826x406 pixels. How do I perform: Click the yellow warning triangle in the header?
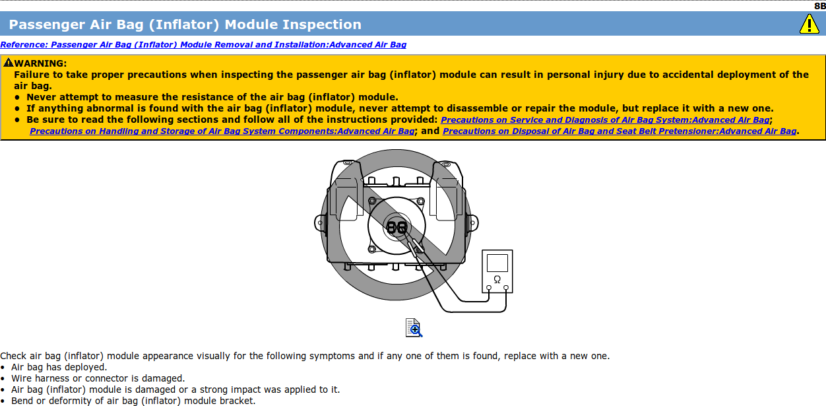pos(809,24)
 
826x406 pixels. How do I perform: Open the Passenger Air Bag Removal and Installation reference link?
pos(203,45)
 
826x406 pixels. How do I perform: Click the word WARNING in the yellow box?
pos(40,63)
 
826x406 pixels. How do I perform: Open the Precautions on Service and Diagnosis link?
pos(605,120)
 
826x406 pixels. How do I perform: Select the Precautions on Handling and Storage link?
pos(222,131)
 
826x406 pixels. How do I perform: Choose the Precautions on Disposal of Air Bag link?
pos(619,131)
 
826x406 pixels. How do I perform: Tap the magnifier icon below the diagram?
pos(414,327)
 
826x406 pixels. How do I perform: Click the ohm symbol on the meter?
pos(497,279)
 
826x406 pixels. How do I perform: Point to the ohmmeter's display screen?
pos(497,263)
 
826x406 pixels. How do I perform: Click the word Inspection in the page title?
pos(321,25)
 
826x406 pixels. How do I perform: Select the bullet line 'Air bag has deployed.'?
pos(59,367)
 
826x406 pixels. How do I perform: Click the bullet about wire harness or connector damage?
pos(98,378)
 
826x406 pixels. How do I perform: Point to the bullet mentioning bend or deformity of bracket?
pos(133,401)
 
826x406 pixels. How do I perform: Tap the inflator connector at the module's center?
pos(397,226)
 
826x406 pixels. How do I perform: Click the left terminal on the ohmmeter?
pos(489,287)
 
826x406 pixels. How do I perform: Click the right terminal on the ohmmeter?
pos(506,287)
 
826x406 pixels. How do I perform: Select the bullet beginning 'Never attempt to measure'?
pos(212,97)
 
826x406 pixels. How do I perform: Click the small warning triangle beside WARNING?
pos(8,63)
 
